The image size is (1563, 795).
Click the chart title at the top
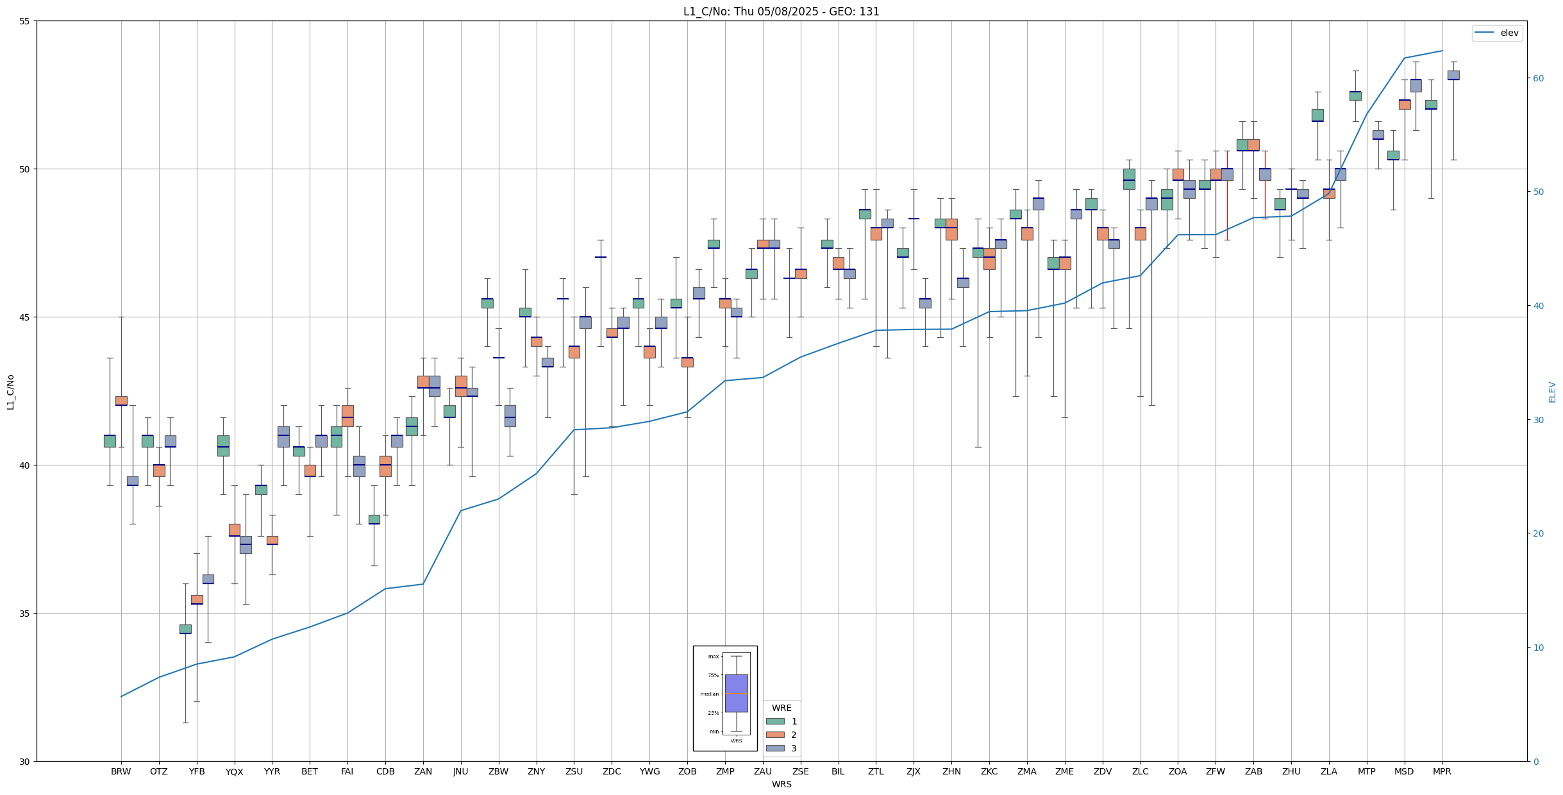[x=781, y=12]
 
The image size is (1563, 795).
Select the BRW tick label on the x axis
[x=121, y=771]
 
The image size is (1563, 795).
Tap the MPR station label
[x=1442, y=771]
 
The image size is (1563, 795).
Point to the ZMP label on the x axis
[x=725, y=771]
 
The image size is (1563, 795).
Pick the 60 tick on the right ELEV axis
[x=1539, y=78]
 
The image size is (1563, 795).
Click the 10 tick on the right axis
[x=1539, y=648]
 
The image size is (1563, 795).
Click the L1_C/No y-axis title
[x=10, y=392]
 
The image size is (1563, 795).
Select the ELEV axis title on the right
[x=1552, y=392]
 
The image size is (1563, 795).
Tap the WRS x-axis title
[x=781, y=784]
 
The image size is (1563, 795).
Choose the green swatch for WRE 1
[x=775, y=721]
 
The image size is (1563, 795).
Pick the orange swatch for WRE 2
[x=775, y=735]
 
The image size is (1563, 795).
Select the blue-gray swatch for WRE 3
[x=775, y=748]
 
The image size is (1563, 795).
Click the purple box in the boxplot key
[x=736, y=693]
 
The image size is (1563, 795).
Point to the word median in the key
[x=709, y=694]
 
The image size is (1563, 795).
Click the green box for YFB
[x=185, y=629]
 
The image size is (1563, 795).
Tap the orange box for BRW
[x=121, y=401]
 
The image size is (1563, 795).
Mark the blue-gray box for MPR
[x=1453, y=75]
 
